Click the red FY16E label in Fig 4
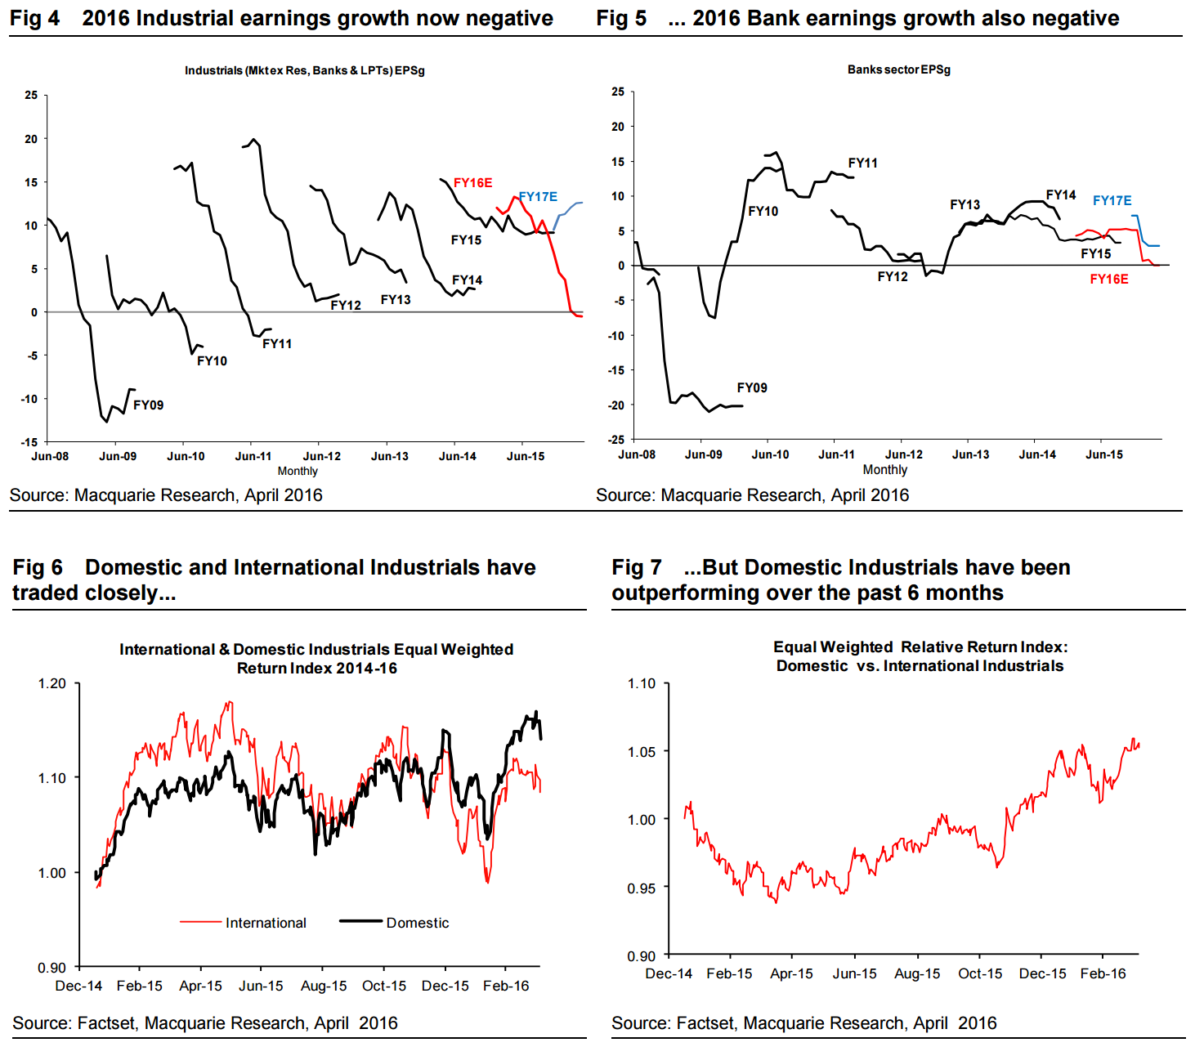472,183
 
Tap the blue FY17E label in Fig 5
1112,200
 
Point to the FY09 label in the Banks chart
752,388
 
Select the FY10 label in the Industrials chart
212,361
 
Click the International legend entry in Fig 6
266,923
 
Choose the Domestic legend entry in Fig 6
417,923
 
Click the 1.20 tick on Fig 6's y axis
52,683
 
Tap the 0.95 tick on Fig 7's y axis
641,888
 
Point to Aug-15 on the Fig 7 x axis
917,973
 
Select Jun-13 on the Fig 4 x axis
389,456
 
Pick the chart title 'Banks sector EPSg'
898,69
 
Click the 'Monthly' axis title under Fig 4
298,471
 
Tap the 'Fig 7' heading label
636,567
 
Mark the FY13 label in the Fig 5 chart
965,205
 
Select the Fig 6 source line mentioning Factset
204,1023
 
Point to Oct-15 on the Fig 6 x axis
384,986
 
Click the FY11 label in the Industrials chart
277,344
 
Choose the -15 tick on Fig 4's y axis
30,442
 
